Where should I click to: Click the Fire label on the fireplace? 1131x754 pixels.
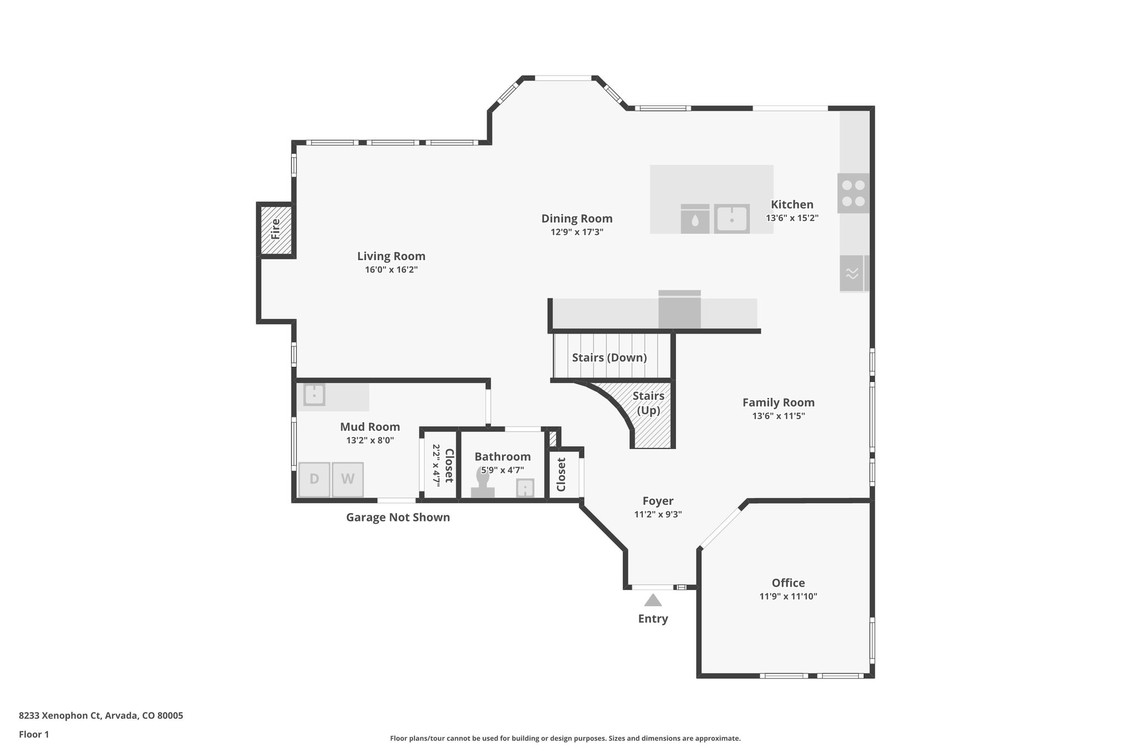[276, 229]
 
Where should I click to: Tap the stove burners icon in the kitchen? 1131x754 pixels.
[853, 193]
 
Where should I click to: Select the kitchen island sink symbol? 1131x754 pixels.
[731, 219]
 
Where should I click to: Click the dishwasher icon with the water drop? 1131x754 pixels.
[695, 219]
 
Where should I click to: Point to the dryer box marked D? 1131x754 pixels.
[314, 479]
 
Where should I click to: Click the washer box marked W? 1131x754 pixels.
[347, 479]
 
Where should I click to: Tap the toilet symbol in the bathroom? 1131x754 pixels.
[483, 484]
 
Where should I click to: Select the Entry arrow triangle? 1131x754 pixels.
[653, 600]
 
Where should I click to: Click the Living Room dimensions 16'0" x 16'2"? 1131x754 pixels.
[391, 270]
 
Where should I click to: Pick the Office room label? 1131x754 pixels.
[788, 583]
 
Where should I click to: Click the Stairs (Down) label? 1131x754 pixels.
[609, 357]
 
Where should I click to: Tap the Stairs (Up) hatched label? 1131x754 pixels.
[648, 403]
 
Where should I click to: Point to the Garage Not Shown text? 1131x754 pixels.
[398, 518]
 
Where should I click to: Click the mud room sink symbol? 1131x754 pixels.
[314, 396]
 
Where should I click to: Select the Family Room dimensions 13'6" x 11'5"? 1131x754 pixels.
[778, 416]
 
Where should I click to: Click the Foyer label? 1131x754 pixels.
[658, 501]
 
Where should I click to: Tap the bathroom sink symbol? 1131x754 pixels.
[525, 488]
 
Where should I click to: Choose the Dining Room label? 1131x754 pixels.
[577, 219]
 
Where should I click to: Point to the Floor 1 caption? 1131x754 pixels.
[34, 734]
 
